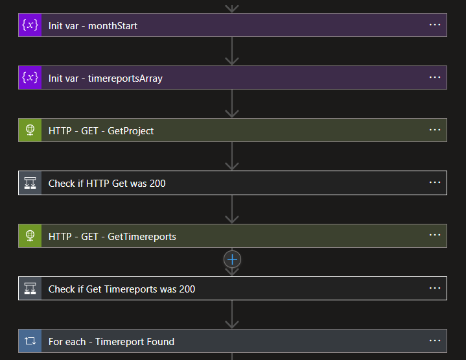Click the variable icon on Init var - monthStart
(x=30, y=25)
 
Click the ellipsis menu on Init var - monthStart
(x=435, y=25)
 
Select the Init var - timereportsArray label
(x=105, y=78)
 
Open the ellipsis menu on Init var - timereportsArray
(x=435, y=77)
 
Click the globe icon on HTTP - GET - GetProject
(x=30, y=130)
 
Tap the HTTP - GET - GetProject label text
(x=101, y=130)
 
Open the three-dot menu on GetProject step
(x=435, y=130)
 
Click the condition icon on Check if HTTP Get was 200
(x=30, y=183)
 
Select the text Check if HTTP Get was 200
(x=107, y=184)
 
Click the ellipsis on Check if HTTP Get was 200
(x=435, y=182)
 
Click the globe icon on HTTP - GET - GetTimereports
(x=30, y=236)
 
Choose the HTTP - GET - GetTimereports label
(x=112, y=236)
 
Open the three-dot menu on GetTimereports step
(x=435, y=235)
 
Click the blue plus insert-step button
(x=232, y=259)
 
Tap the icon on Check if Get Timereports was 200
(x=30, y=289)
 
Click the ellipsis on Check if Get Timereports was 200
(x=435, y=288)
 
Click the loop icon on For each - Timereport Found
(x=30, y=341)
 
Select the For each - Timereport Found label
(x=111, y=341)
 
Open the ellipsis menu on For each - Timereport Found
(x=435, y=341)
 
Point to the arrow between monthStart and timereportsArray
(x=232, y=52)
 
